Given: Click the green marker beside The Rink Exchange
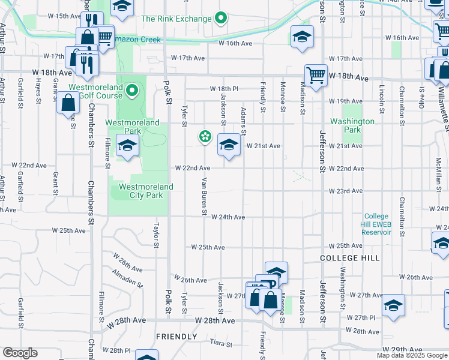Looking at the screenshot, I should (221, 19).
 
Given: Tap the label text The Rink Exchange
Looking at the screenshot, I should (177, 19).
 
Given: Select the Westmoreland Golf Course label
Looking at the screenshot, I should (96, 91).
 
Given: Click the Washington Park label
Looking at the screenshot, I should (352, 125).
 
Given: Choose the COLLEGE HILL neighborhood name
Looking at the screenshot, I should (349, 257).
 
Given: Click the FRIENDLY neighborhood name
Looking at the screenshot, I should (176, 337).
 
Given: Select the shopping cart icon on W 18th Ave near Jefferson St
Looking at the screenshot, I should (315, 75).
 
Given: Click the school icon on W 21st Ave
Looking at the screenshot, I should (228, 145).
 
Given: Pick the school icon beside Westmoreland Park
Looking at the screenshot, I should (127, 145).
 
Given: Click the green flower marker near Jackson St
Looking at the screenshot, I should (205, 137).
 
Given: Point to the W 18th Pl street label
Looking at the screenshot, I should (224, 89).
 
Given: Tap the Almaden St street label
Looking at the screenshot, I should (127, 277).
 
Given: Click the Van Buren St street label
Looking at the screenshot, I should (204, 197).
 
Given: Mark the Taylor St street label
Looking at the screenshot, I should (156, 235).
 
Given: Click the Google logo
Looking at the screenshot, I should (20, 353).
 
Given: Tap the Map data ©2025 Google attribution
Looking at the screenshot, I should (411, 356).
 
